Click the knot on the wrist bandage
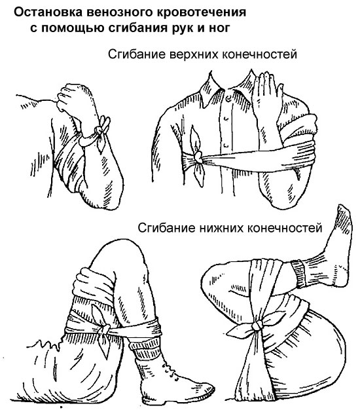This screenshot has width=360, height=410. pyautogui.click(x=99, y=130)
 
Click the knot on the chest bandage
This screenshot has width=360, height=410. pyautogui.click(x=198, y=157)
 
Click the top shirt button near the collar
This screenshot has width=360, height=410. pyautogui.click(x=230, y=98)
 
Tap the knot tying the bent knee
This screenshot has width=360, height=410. pyautogui.click(x=104, y=329)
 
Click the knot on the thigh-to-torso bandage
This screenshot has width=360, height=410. pyautogui.click(x=257, y=326)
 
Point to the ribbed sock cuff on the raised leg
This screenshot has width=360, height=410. pyautogui.click(x=299, y=273)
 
